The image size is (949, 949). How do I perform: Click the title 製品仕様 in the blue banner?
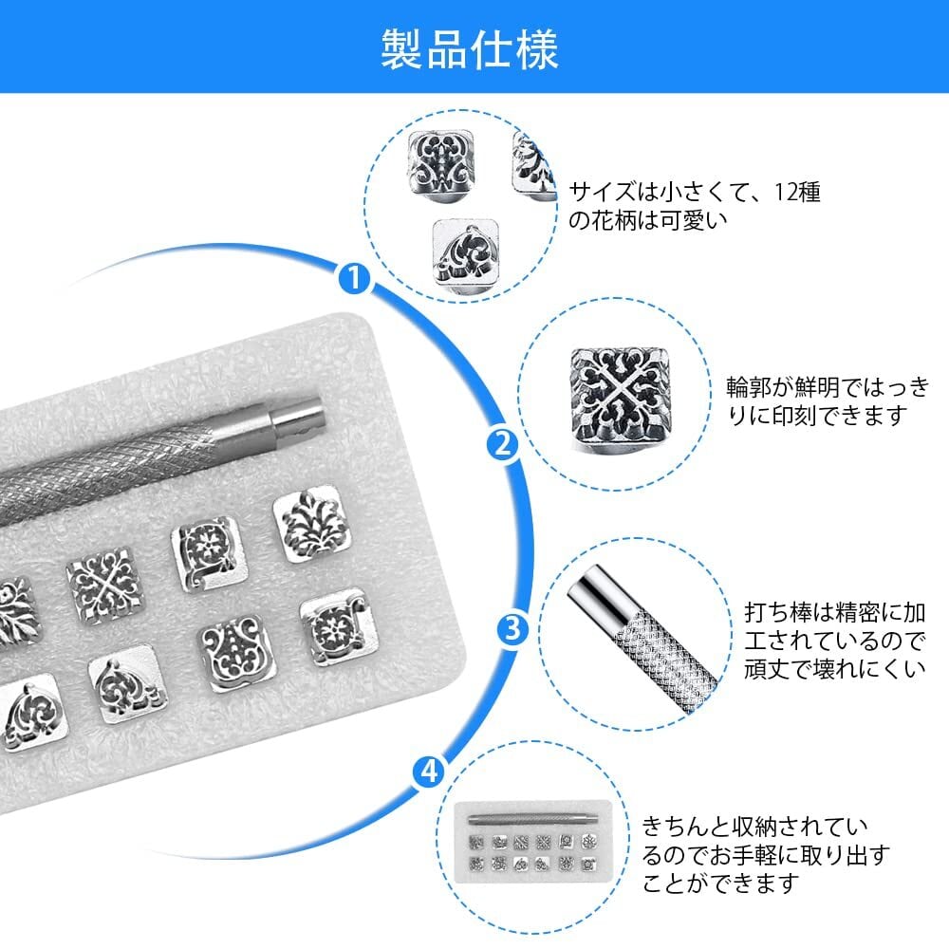coord(470,47)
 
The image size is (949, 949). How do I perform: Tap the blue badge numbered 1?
coord(354,278)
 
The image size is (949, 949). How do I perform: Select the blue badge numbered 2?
coord(500,443)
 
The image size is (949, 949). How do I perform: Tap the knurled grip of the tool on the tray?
coord(142,465)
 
